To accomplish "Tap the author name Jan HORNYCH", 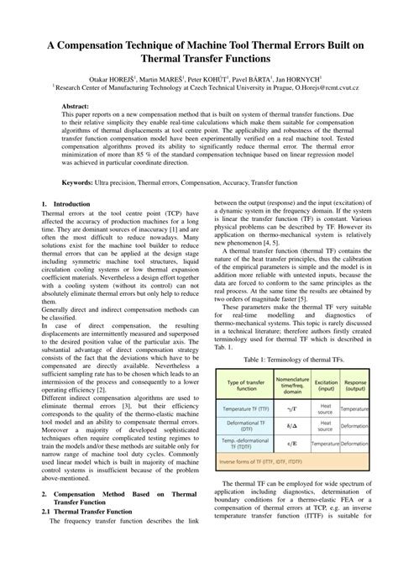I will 288,76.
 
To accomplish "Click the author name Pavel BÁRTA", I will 229,76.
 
